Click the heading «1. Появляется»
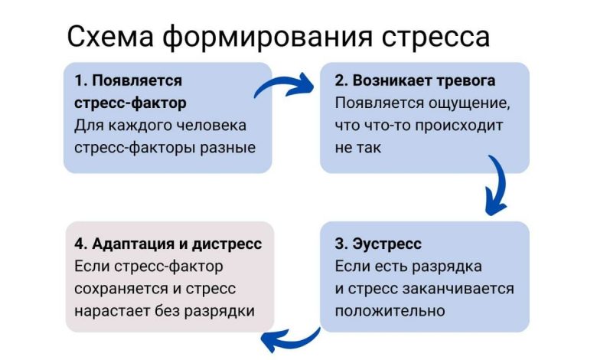(x=128, y=80)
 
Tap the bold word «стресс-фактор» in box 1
(x=131, y=103)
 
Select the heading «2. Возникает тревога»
(x=415, y=80)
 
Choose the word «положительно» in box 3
(x=390, y=311)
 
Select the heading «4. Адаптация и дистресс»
(x=168, y=245)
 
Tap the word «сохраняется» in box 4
(x=122, y=289)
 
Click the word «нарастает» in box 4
(x=112, y=311)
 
